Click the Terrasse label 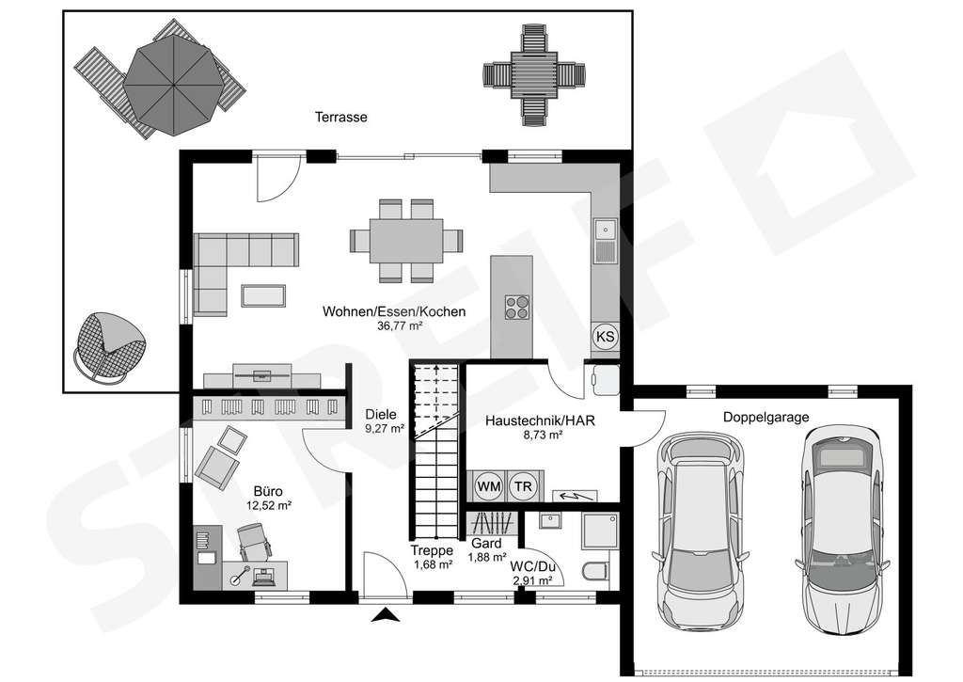coord(340,118)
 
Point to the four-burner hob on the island coord(516,307)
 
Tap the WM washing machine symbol coord(488,485)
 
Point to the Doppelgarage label coord(766,418)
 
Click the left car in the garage coord(698,531)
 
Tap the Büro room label coord(268,490)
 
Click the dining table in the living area coord(406,241)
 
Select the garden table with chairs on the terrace coord(530,75)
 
